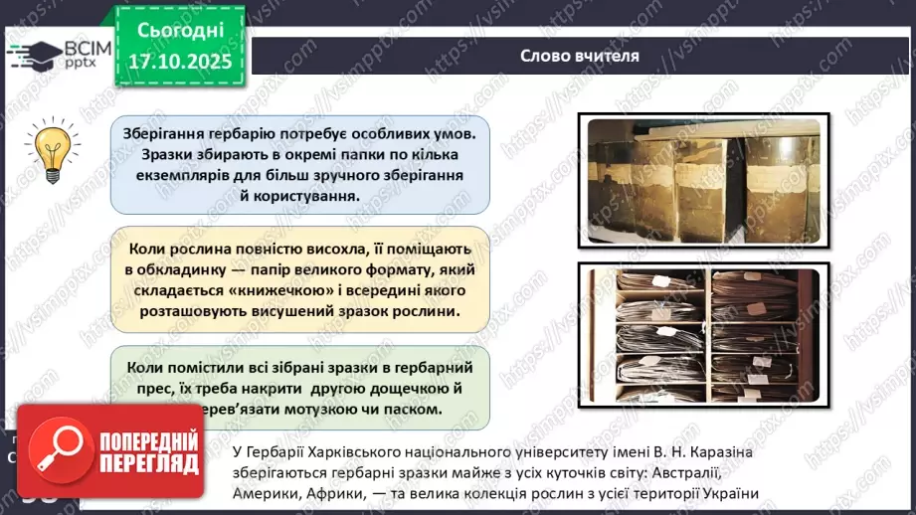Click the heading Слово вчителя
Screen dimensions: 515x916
pos(579,56)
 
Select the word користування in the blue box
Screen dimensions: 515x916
pos(306,195)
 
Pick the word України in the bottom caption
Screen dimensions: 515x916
pos(729,494)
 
